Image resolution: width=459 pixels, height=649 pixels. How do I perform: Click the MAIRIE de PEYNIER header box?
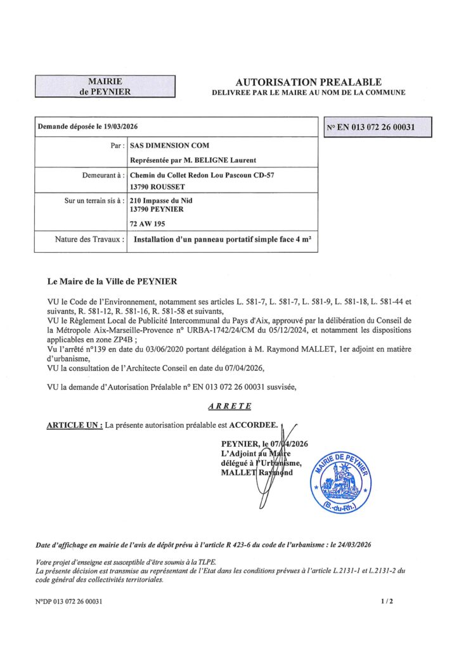(105, 86)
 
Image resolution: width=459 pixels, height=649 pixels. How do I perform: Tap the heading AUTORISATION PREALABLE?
(308, 82)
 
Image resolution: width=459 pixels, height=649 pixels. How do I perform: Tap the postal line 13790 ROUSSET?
(156, 187)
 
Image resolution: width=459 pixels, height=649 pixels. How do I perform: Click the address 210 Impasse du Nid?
(161, 200)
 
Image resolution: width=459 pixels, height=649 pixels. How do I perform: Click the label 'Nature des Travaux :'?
(89, 240)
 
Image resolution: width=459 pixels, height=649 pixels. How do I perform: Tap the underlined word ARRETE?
(229, 406)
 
